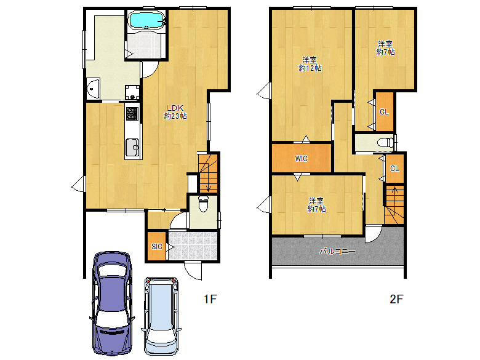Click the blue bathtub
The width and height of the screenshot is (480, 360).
(146, 20)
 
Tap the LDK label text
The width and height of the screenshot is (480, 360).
(175, 108)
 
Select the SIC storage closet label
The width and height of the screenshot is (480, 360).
(157, 246)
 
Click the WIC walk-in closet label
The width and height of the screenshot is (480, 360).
(301, 159)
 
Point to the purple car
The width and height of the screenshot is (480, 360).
(113, 303)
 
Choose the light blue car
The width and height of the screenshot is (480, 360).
(161, 315)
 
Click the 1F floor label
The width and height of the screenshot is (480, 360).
(210, 299)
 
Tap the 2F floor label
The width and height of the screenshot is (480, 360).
(396, 299)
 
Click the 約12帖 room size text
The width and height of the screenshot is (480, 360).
(310, 68)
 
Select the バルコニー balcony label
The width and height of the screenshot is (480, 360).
(337, 252)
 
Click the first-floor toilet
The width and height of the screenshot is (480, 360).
(203, 204)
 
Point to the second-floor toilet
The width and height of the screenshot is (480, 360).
(386, 143)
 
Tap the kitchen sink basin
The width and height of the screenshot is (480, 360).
(132, 148)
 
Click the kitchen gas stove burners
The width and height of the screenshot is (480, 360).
(132, 113)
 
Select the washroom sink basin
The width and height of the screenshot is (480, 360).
(93, 89)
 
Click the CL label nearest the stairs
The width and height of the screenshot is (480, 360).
(394, 169)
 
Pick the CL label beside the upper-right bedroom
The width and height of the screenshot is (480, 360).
(384, 112)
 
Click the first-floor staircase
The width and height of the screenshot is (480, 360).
(208, 173)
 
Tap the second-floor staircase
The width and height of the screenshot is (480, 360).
(394, 204)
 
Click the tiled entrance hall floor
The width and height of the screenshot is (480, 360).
(193, 246)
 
